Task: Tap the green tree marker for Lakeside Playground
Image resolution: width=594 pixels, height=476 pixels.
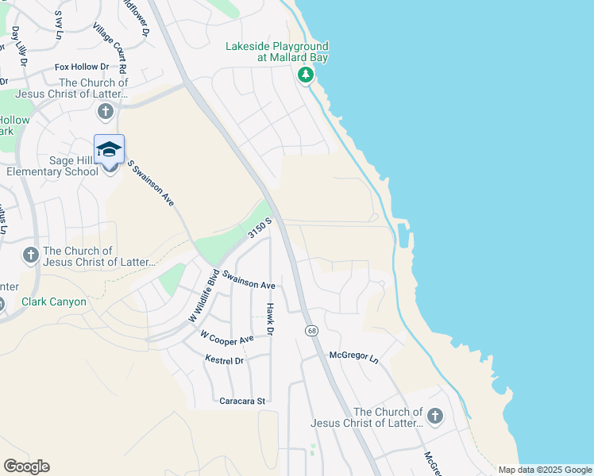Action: (305, 75)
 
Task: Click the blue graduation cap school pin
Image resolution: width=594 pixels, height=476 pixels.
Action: (110, 148)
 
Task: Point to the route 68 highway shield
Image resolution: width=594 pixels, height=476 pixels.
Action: (310, 329)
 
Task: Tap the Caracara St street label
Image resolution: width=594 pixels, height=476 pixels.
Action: (242, 401)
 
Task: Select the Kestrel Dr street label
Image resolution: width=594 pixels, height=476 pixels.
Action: (224, 360)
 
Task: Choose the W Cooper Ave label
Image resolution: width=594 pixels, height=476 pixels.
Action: (227, 337)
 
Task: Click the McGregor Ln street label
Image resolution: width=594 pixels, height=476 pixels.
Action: (353, 356)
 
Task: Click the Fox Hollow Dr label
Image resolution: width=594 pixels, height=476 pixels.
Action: (84, 68)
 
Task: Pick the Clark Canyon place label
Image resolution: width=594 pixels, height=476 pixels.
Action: (54, 302)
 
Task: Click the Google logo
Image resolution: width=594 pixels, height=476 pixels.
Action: (27, 466)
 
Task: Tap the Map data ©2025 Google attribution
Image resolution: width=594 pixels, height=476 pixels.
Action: (545, 470)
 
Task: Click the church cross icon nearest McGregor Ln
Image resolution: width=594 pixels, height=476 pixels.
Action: (434, 416)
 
